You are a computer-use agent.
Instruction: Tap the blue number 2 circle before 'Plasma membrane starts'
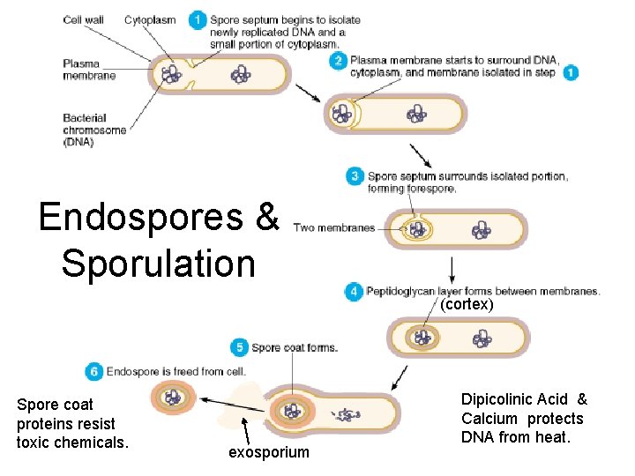(x=338, y=61)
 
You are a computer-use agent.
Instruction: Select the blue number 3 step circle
(x=354, y=176)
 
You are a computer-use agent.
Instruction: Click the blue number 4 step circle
(x=354, y=291)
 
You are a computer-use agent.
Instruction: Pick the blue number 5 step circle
(x=238, y=347)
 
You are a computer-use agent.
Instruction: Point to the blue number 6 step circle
(x=93, y=372)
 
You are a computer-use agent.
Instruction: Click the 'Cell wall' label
(x=84, y=19)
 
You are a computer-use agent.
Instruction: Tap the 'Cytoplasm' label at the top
(x=150, y=19)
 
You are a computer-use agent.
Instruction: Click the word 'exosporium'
(x=269, y=452)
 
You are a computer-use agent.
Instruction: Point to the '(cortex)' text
(x=467, y=304)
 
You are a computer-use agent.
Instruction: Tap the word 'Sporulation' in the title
(x=159, y=263)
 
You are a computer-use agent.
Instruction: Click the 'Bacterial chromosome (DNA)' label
(x=94, y=130)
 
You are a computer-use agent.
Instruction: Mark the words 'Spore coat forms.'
(x=295, y=347)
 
